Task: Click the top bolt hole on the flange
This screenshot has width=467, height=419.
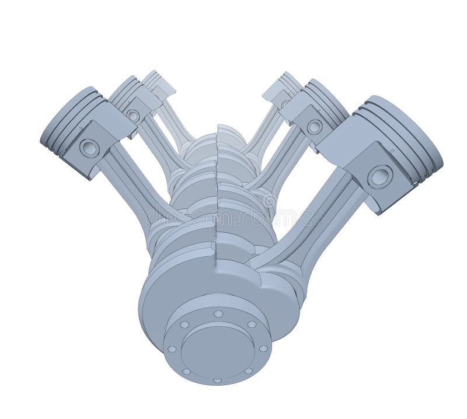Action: pos(218,314)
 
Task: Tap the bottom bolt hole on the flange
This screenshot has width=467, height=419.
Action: pos(217,380)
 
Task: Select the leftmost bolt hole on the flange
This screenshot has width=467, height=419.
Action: pos(172,349)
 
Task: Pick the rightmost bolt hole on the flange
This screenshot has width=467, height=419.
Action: pos(263,348)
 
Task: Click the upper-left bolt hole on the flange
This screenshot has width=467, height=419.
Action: pos(184,324)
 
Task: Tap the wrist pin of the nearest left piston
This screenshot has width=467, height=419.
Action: pos(89,148)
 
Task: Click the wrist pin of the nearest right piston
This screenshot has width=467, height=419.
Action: pos(380,176)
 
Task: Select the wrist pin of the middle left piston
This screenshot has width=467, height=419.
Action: pos(134,116)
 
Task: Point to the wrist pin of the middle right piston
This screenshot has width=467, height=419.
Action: pos(315,126)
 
